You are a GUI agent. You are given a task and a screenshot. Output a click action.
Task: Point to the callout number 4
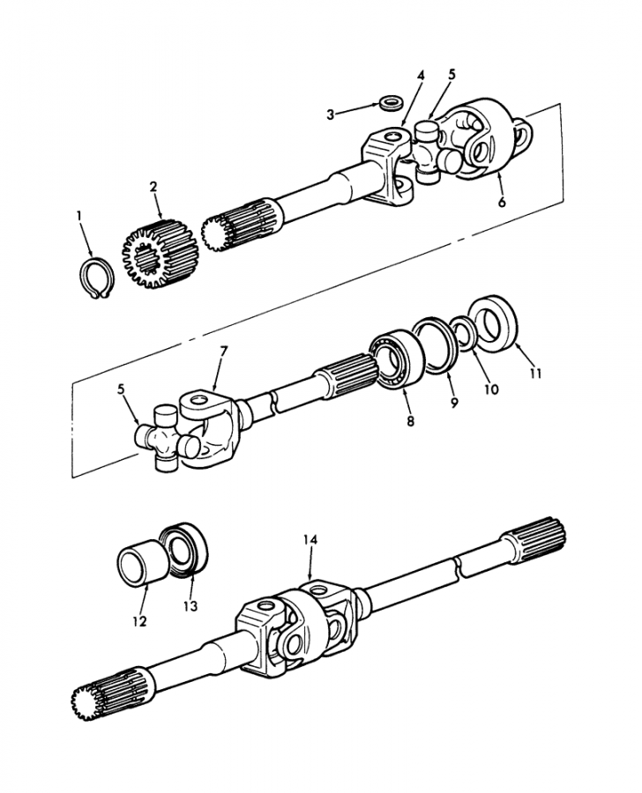tap(421, 76)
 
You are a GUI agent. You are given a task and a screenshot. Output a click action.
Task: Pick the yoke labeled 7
tap(212, 425)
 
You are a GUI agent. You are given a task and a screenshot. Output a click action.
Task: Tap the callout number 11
tap(535, 374)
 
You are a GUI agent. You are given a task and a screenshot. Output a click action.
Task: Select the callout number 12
tap(139, 621)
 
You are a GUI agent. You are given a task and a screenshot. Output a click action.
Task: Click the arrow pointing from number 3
tap(358, 109)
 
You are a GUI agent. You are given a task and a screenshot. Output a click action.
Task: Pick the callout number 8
tap(410, 420)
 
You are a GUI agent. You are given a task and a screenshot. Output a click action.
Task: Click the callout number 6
tap(502, 203)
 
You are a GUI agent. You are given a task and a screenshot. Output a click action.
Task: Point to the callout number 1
tap(79, 216)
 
